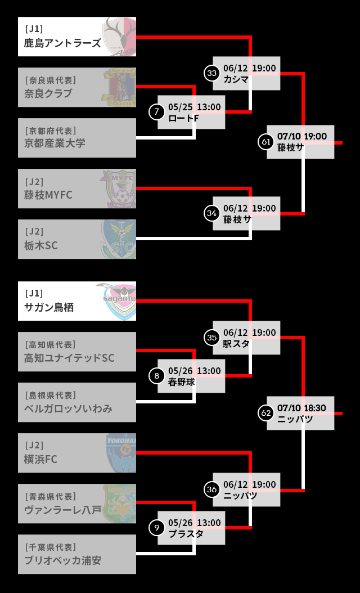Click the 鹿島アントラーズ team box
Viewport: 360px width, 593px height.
[x=76, y=37]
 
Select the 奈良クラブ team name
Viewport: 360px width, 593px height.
[x=48, y=93]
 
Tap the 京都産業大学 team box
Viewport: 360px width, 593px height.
[x=76, y=138]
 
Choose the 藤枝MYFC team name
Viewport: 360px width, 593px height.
[x=48, y=195]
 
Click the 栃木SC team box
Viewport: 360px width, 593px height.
[x=76, y=239]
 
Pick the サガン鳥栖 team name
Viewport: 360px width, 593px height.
[x=49, y=307]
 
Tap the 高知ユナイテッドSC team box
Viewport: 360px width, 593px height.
[x=76, y=352]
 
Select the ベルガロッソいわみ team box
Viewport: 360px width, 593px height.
[x=76, y=402]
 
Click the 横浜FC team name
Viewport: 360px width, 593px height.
[x=40, y=459]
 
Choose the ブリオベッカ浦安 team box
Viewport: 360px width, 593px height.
[x=76, y=554]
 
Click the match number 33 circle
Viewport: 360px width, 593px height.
[x=211, y=73]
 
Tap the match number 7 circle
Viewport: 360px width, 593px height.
[x=156, y=112]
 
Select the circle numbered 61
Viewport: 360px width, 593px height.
[x=266, y=142]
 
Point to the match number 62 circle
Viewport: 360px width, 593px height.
[x=266, y=412]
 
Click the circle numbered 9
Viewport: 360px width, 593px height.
[x=156, y=527]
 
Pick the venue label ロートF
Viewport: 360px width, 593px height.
[x=183, y=118]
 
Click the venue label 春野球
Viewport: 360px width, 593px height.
[x=181, y=382]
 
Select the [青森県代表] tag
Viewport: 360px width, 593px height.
[x=51, y=496]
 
